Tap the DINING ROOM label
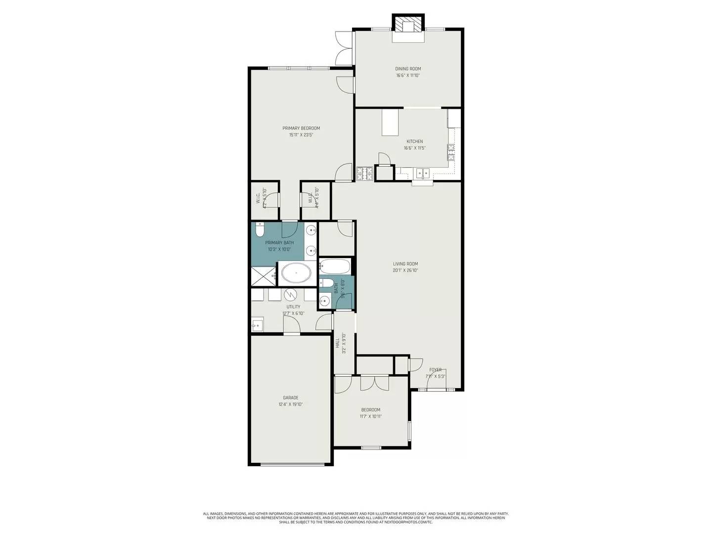coord(408,69)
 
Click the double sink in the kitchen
coord(422,173)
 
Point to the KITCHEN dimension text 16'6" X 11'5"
coord(414,148)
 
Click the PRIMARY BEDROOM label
coord(301,128)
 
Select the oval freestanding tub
coord(296,273)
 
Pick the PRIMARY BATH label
coord(279,243)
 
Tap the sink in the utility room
coord(257,325)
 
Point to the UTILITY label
coord(293,307)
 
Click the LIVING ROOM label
coord(405,264)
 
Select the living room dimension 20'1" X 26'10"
coord(405,270)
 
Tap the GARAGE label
coord(291,398)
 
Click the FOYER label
coord(435,370)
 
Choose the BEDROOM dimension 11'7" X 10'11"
coord(371,416)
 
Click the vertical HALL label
coord(338,343)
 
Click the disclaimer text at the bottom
coord(356,518)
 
